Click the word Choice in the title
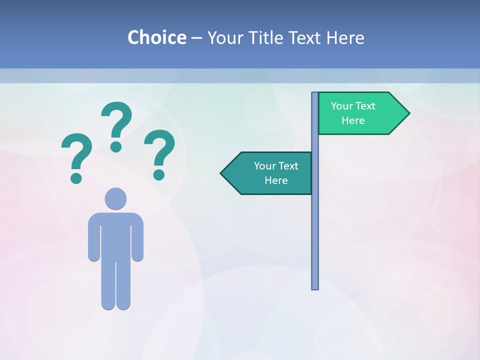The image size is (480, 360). pos(156,38)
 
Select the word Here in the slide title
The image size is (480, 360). pos(345,38)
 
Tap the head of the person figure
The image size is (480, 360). pos(115,198)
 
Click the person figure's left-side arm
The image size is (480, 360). pos(93,237)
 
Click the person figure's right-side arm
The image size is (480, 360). pos(138,237)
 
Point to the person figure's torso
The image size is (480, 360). pos(115,235)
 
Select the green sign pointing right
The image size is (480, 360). pos(360,113)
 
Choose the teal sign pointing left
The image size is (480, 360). pos(270,173)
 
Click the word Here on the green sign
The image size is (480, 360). pos(353,120)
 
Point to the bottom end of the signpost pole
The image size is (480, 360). pos(315,287)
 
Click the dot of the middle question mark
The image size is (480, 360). pos(116,146)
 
